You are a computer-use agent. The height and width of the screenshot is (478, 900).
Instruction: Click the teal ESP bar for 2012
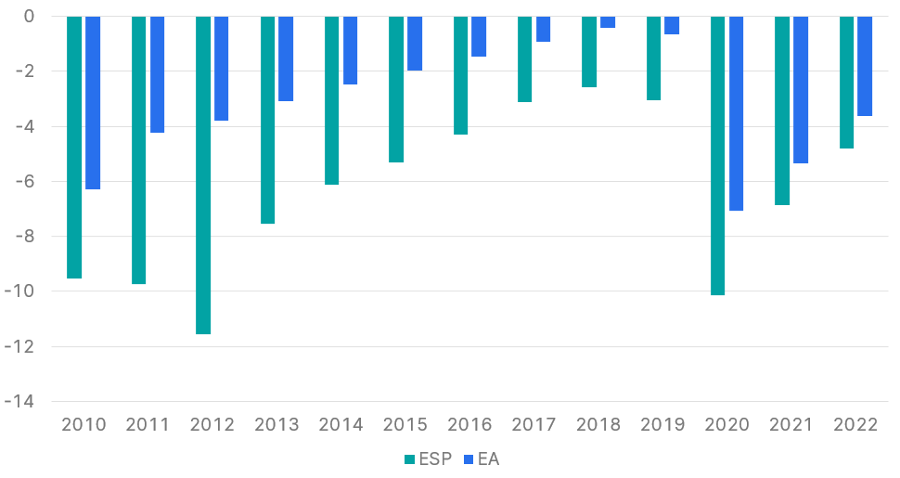tap(203, 174)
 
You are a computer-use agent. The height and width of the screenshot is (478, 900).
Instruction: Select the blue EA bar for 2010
tap(93, 102)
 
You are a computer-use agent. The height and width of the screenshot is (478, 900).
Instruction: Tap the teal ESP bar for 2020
tap(718, 155)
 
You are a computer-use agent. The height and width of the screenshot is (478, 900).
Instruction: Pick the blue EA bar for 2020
tap(736, 113)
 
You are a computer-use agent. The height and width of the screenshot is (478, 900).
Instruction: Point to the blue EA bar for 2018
tap(608, 22)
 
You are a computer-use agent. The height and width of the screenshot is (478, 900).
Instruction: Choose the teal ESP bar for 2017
tap(525, 58)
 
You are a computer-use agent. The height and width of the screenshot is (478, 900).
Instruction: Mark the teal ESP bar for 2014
tap(332, 100)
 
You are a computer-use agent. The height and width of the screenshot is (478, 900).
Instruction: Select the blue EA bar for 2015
tap(415, 44)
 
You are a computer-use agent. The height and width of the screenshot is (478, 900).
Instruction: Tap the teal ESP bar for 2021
tap(782, 110)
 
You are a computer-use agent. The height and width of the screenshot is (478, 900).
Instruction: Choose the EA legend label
tap(489, 459)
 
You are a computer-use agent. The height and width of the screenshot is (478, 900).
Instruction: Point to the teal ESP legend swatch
tap(409, 459)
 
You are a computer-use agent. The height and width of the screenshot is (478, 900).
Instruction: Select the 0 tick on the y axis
tap(29, 17)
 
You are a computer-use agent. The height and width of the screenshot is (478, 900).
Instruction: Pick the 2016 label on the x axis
tap(469, 425)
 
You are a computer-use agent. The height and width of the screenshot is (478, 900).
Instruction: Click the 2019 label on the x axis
tap(662, 425)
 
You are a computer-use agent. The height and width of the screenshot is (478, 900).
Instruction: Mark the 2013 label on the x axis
tap(276, 425)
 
